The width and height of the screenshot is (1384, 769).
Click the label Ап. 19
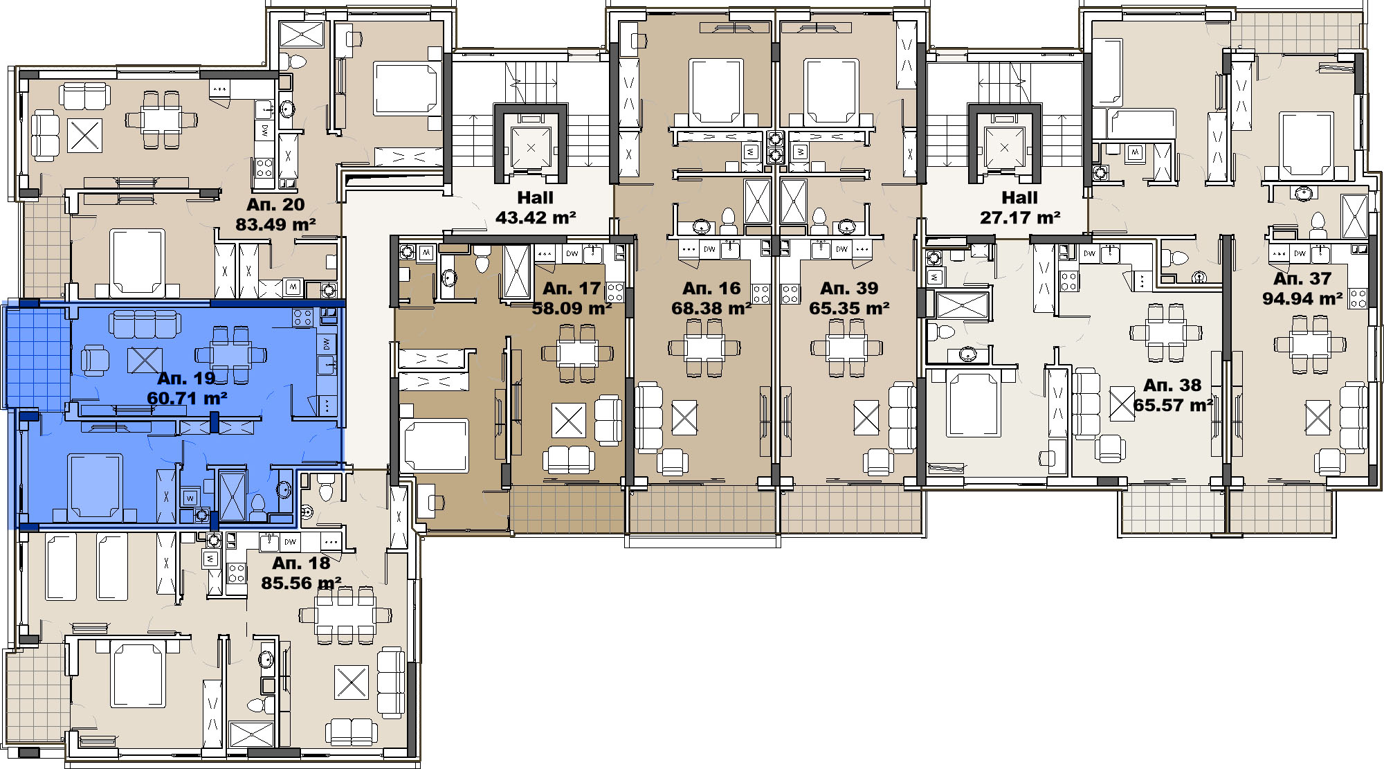click(186, 378)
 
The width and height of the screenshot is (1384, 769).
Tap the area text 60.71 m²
click(188, 399)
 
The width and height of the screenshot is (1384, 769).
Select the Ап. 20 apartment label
click(275, 204)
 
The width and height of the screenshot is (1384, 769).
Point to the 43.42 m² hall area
click(536, 218)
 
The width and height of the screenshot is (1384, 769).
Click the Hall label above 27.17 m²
click(1020, 198)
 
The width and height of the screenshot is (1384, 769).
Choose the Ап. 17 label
click(572, 288)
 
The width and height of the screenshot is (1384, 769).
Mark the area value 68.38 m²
click(711, 308)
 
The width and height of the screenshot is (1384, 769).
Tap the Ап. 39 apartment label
click(849, 288)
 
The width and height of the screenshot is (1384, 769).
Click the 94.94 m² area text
click(1302, 299)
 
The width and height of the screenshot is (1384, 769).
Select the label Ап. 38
click(1172, 385)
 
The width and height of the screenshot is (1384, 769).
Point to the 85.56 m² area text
click(301, 583)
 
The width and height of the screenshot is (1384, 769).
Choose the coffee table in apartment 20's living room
click(85, 136)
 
